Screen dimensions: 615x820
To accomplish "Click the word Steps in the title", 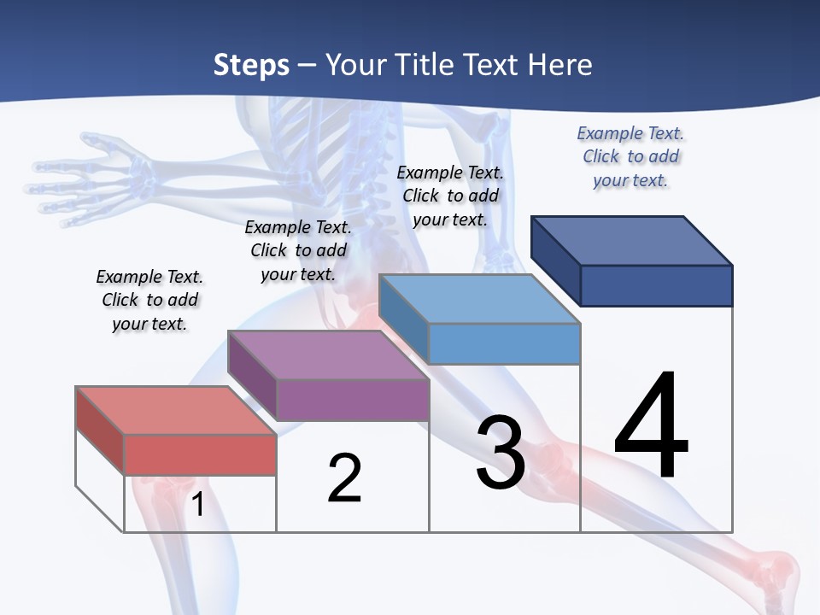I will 251,66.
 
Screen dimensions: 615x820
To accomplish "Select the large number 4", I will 651,426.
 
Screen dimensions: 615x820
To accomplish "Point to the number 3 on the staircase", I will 501,454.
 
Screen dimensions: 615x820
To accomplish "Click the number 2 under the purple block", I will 344,478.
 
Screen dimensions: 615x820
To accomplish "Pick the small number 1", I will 198,505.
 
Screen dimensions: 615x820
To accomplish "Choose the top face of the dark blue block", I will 632,240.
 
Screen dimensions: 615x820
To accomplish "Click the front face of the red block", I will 200,454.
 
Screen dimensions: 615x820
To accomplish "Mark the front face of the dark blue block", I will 656,285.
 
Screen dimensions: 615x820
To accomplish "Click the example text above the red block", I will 149,301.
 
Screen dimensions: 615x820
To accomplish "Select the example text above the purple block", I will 298,251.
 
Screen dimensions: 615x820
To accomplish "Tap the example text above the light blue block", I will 450,196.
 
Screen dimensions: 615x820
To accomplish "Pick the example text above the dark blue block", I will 630,156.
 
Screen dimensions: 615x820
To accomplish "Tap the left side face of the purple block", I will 252,374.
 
